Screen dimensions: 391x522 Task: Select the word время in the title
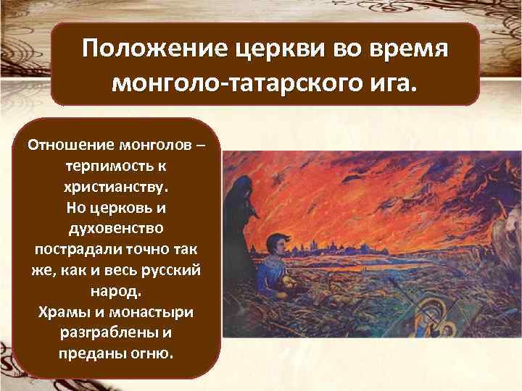tap(413, 51)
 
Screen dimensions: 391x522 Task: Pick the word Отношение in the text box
tap(70, 143)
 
